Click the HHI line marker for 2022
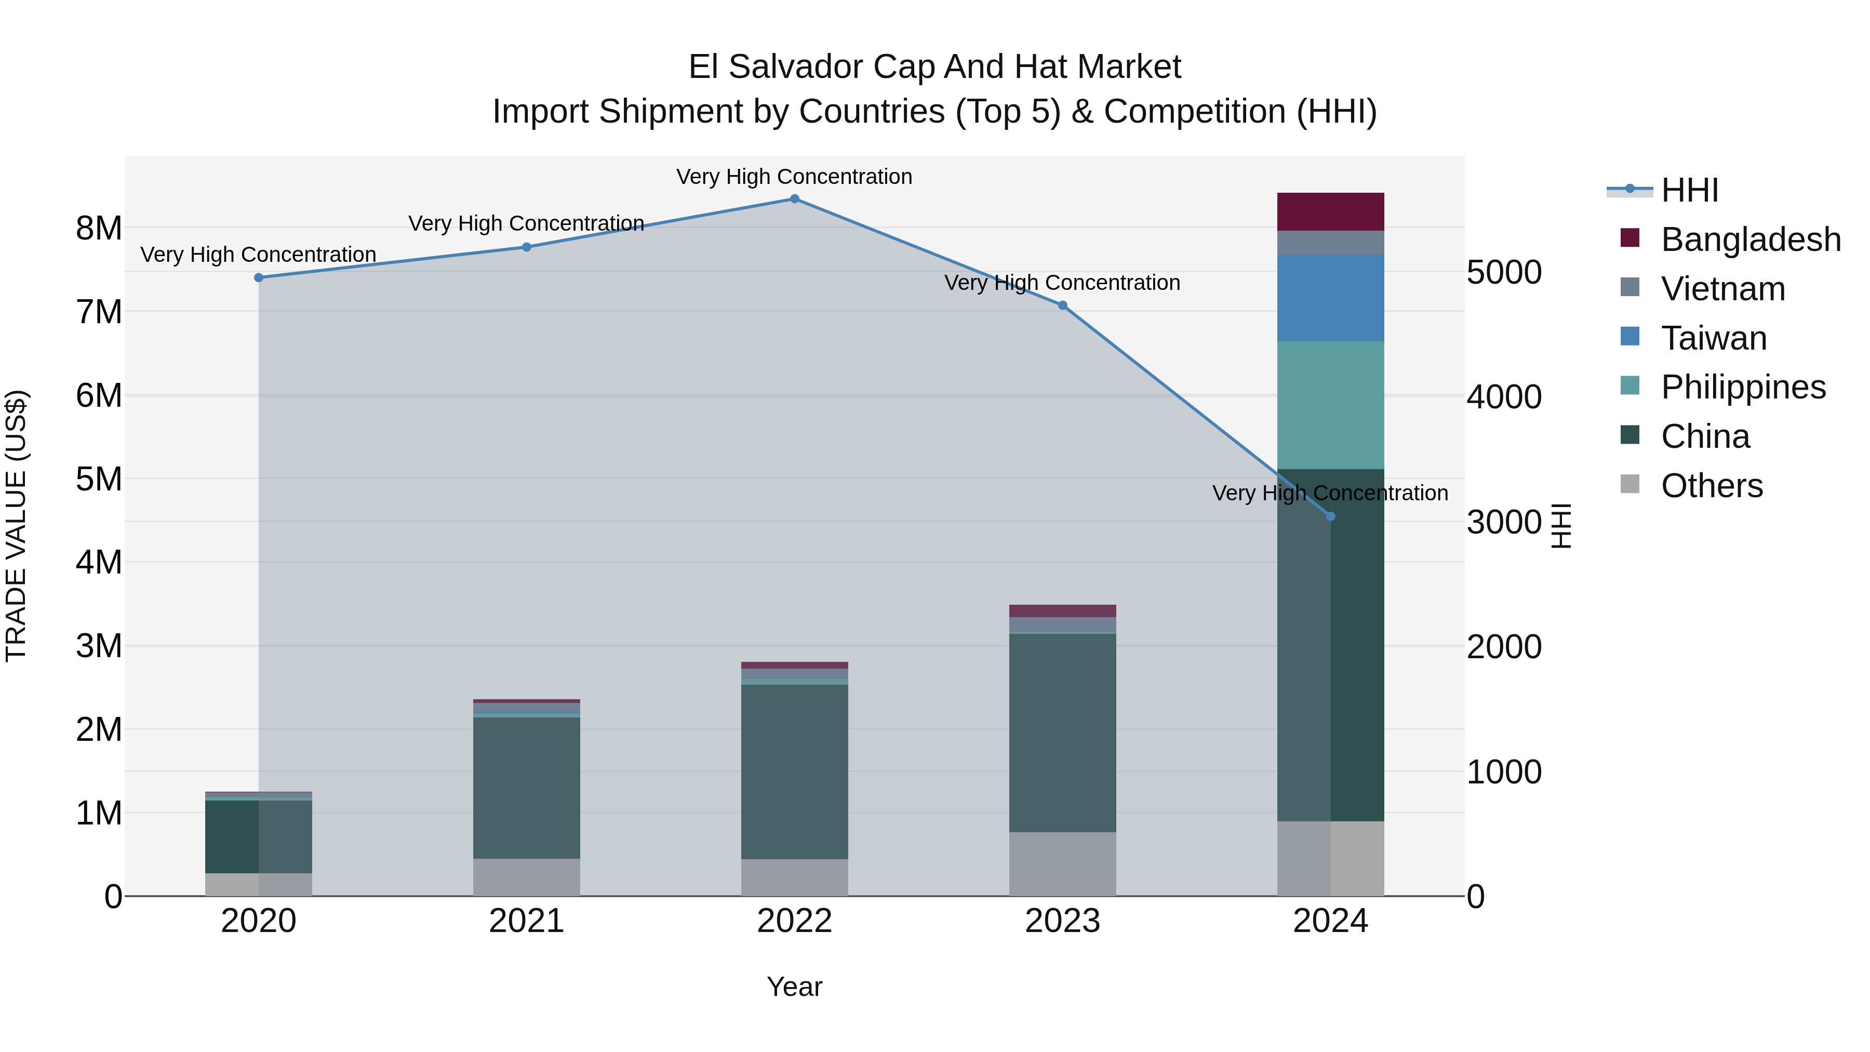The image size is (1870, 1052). tap(794, 199)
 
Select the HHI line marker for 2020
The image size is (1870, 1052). tap(259, 277)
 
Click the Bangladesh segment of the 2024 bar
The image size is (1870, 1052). tap(1330, 212)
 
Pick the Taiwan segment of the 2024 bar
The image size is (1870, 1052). tap(1330, 298)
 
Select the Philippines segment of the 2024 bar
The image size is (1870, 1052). tap(1330, 405)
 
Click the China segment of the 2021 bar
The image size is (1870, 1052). tap(526, 788)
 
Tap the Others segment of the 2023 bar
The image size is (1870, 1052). tap(1062, 864)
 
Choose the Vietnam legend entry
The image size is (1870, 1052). tap(1722, 289)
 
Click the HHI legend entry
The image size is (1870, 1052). tap(1689, 190)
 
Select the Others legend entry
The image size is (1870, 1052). tap(1711, 486)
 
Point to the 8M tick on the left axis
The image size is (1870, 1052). tap(99, 229)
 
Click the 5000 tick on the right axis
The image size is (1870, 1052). tap(1503, 273)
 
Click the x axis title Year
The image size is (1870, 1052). tap(794, 987)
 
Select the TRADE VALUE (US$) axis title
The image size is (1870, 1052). tap(16, 526)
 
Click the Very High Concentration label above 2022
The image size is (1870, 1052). tap(794, 177)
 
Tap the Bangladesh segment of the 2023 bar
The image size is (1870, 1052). tap(1062, 610)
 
